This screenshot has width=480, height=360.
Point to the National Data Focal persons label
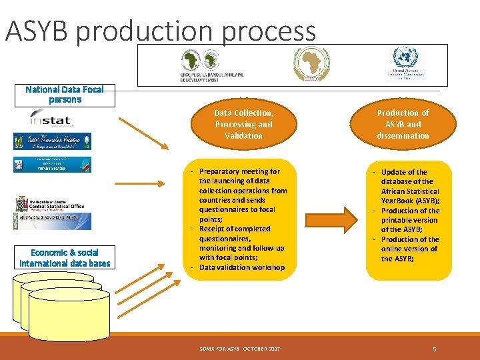click(x=65, y=95)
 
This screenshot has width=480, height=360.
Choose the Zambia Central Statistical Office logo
click(x=51, y=203)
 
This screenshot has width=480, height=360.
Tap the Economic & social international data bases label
click(x=64, y=258)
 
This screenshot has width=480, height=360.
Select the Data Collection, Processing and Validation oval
click(x=243, y=124)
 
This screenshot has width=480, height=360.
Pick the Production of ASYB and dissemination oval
click(x=403, y=124)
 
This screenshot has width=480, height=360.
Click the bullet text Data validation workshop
click(x=241, y=267)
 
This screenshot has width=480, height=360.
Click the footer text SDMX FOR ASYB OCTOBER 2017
click(x=240, y=349)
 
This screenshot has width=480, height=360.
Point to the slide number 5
click(x=434, y=349)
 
